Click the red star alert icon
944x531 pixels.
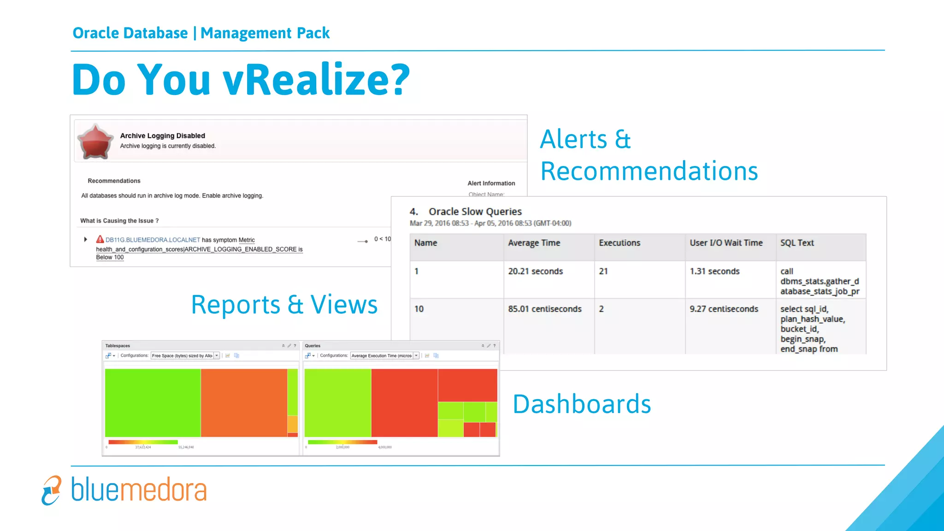95,142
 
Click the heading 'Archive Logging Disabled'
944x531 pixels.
162,136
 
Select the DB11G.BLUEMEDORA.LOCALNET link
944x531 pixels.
153,240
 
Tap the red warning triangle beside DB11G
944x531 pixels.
100,239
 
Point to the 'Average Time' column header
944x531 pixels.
534,243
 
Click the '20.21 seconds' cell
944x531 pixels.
535,271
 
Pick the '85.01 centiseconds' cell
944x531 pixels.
544,309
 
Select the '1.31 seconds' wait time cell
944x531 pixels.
714,271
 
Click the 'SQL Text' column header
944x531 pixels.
796,243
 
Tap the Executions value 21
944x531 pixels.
603,271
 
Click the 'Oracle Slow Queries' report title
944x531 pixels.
475,212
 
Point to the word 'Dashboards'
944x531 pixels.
581,404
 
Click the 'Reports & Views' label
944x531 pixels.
284,305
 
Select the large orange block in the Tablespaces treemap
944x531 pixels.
243,402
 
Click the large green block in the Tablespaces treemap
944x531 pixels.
153,402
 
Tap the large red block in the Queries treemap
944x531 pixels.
404,402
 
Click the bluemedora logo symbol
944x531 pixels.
51,490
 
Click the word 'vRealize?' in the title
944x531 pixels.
316,80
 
